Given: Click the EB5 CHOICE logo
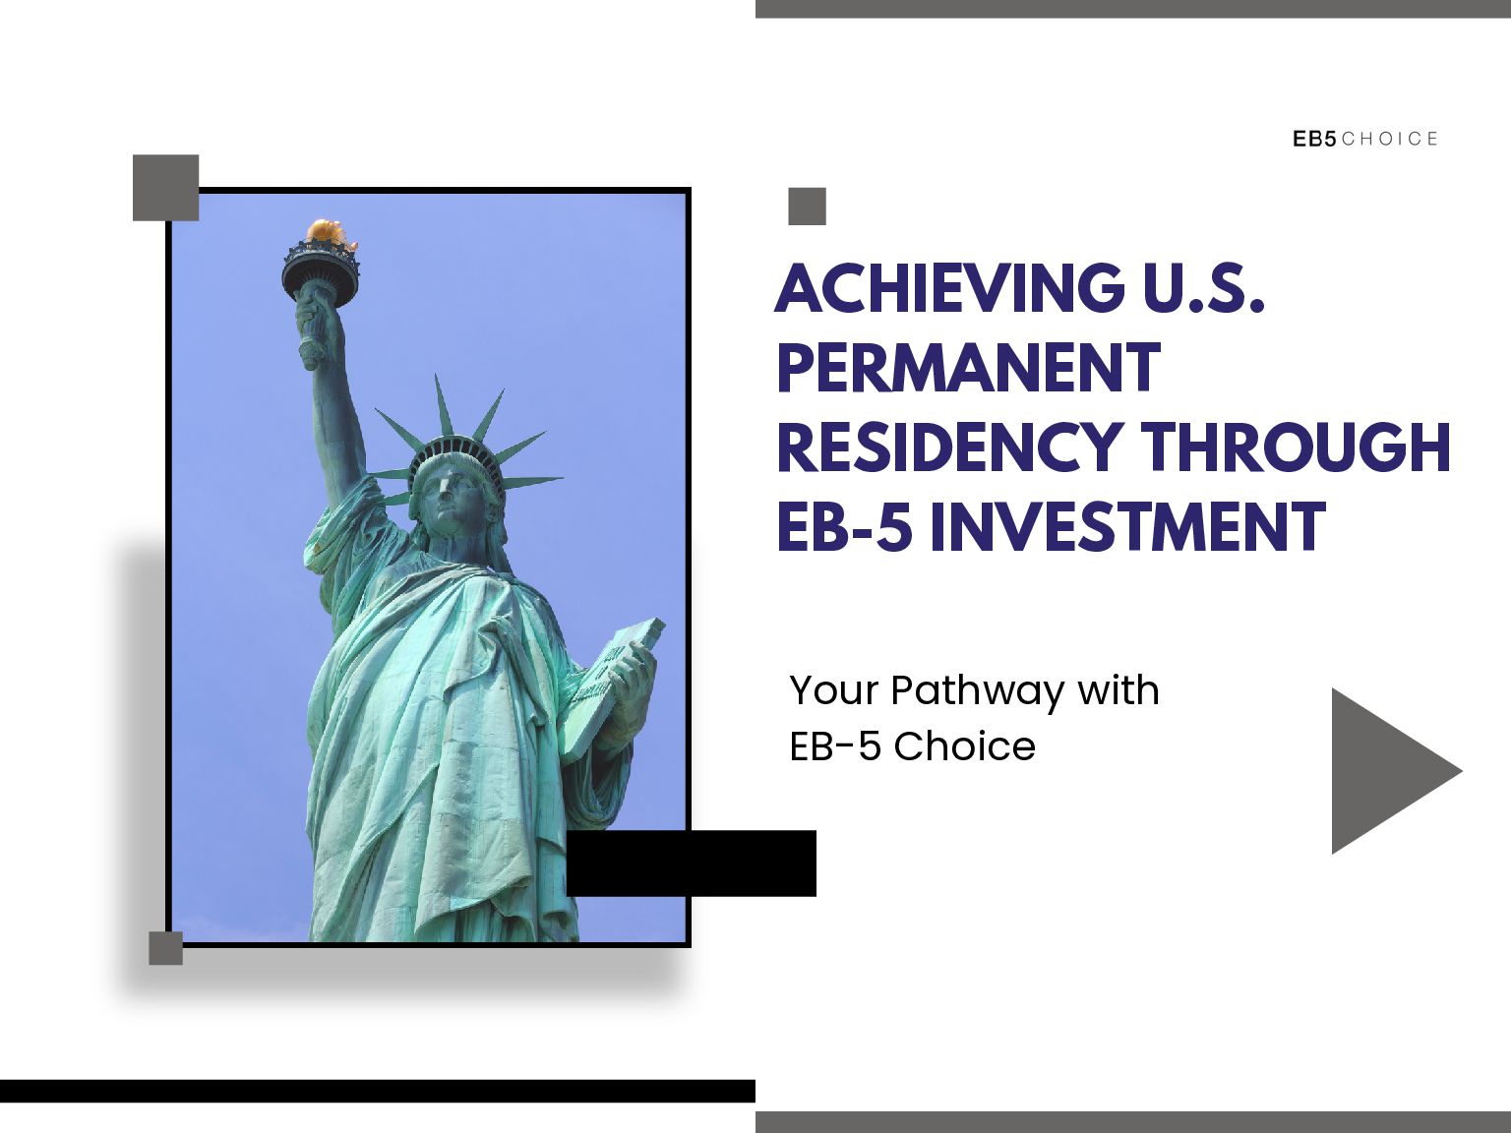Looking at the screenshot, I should pos(1365,139).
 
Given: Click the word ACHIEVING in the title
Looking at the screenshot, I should pos(949,288).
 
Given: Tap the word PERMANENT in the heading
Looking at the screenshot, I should pos(969,368).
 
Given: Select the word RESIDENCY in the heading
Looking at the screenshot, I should pos(949,447).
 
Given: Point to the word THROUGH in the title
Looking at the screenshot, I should pos(1296,447).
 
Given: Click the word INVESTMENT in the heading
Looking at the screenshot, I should pos(1127,526).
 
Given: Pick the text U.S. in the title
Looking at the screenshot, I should pos(1203,288).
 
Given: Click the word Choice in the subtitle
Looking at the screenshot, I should pos(964,746).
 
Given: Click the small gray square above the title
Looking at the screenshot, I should pos(807,207).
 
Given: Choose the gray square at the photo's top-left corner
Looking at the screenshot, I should pos(165,187).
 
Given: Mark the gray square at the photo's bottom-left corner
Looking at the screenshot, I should pos(165,948).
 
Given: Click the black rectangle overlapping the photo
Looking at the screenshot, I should pos(691,863).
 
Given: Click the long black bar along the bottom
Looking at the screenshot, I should pos(377,1091).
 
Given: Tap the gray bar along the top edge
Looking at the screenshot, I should pos(1132,8).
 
